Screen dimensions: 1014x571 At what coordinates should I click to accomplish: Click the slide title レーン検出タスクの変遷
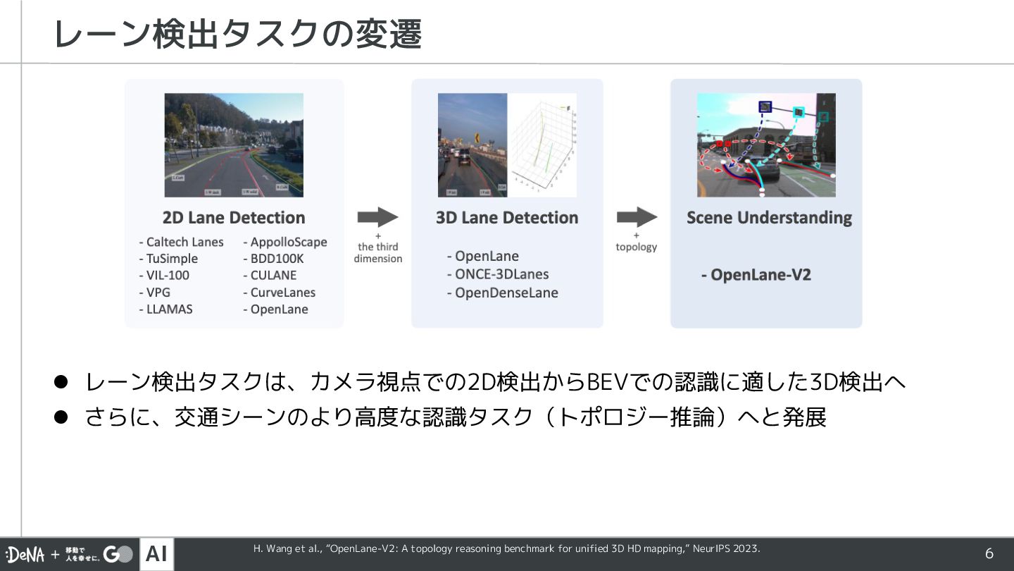[237, 34]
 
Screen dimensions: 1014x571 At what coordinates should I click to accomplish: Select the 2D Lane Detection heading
[234, 218]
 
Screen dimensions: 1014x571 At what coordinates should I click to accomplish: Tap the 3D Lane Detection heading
[507, 218]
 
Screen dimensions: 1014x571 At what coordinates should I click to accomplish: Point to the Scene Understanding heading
[769, 218]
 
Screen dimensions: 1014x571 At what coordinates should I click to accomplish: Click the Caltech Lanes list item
[182, 242]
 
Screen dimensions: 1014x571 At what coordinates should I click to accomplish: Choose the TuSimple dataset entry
[168, 259]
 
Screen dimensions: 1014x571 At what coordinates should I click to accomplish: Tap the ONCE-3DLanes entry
[498, 274]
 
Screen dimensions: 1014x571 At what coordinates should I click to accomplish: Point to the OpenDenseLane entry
[503, 293]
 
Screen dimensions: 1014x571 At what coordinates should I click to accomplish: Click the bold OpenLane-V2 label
[756, 275]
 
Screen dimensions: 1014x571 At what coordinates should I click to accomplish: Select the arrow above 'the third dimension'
[378, 217]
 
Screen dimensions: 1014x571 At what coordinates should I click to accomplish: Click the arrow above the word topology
[637, 217]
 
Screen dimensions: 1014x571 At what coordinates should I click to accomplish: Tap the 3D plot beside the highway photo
[542, 145]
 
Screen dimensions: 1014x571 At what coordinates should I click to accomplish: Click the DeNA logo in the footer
[25, 555]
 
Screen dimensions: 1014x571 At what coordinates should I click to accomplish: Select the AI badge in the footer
[156, 555]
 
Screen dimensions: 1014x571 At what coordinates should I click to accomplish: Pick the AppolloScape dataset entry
[285, 242]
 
